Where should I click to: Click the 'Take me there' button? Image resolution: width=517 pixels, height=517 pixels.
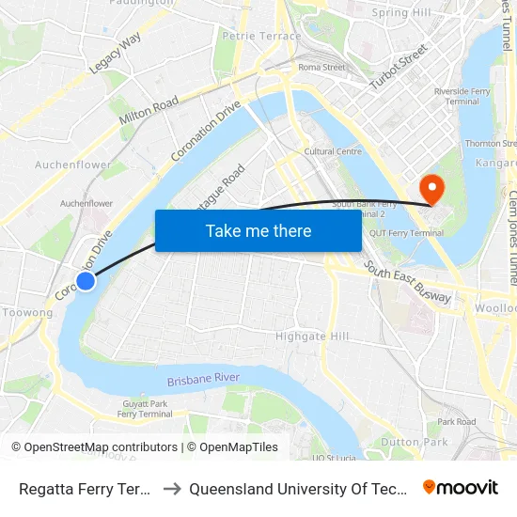click(258, 230)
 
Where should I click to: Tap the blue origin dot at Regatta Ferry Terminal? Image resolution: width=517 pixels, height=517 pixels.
click(86, 281)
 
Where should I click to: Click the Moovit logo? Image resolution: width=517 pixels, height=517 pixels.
click(461, 487)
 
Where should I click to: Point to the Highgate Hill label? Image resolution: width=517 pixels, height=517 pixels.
click(312, 337)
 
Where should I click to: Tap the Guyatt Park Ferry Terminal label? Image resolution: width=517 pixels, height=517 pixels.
click(145, 408)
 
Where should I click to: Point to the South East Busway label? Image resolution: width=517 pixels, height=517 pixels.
click(408, 282)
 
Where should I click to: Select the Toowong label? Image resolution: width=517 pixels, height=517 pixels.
click(27, 312)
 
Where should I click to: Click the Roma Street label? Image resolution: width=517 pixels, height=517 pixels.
click(321, 68)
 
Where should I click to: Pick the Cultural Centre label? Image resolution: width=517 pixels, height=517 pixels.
click(333, 151)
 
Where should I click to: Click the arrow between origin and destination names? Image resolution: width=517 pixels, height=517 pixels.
click(172, 488)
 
